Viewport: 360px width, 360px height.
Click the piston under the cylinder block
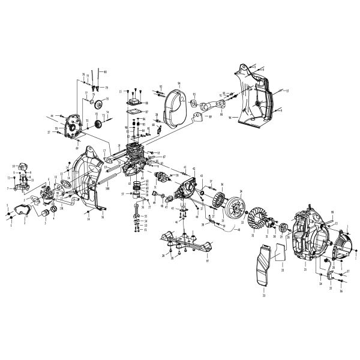[139, 191]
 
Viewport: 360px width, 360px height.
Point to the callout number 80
[105, 72]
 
